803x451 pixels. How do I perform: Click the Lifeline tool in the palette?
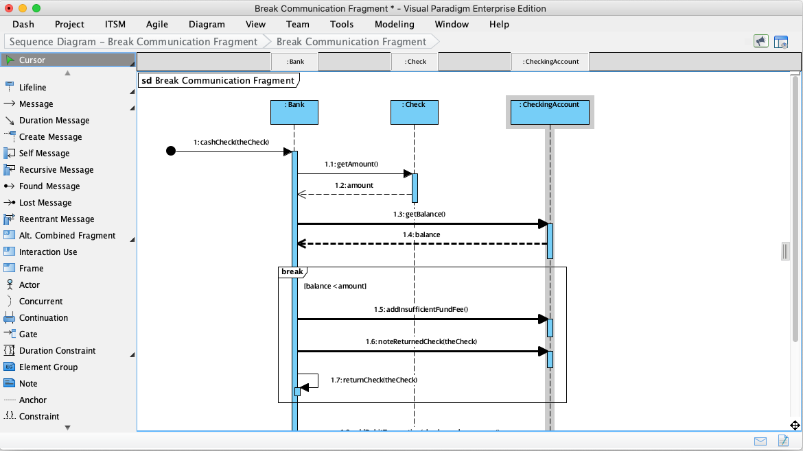point(32,88)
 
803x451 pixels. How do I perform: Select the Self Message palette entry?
point(44,154)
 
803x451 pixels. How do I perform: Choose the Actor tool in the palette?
point(29,285)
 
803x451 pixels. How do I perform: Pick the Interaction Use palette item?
point(47,252)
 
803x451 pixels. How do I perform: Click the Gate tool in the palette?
point(28,334)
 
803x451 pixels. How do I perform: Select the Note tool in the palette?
point(28,384)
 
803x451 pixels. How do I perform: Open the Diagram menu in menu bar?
point(207,24)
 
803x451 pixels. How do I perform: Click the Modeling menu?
point(394,24)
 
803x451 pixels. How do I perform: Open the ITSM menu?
point(115,24)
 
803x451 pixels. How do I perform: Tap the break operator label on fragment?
point(292,272)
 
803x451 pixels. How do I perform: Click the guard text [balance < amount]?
point(335,286)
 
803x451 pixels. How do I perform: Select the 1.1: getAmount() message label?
point(351,164)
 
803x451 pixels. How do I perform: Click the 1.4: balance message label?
point(421,235)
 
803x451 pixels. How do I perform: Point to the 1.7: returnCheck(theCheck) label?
point(374,380)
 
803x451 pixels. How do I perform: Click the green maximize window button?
point(36,8)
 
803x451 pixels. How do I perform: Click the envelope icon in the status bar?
point(760,441)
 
